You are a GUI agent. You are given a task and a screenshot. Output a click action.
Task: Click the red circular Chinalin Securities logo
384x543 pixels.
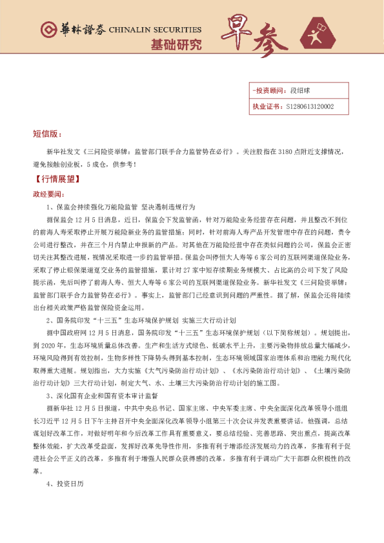(x=48, y=30)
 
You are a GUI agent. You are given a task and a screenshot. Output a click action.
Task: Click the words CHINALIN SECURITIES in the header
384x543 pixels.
(x=155, y=30)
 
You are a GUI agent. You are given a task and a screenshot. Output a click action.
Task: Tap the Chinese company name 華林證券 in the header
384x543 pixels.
(x=75, y=30)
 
